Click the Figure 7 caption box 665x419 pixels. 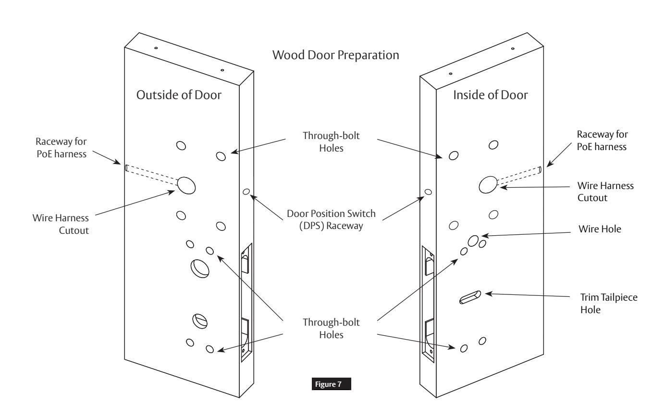tap(331, 384)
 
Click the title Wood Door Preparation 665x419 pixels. tap(335, 55)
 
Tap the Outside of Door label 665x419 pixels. tap(179, 95)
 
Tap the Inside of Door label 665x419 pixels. tap(491, 95)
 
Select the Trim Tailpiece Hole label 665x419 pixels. tap(609, 304)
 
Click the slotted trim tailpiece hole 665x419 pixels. tap(470, 297)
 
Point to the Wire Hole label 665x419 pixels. tap(600, 229)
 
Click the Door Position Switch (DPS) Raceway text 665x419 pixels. tap(331, 220)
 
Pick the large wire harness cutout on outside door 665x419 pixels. tap(186, 185)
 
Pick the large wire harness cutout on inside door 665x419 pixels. tap(488, 185)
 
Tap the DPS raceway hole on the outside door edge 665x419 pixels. tap(246, 191)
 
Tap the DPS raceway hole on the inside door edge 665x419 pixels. tap(428, 192)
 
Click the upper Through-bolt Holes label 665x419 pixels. tap(331, 142)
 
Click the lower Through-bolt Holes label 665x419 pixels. tap(331, 329)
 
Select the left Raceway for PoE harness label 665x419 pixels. tap(61, 148)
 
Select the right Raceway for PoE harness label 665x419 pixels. tap(602, 140)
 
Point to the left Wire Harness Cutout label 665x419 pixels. tap(61, 224)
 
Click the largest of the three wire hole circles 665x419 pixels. tap(473, 241)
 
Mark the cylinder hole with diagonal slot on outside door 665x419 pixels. tap(200, 321)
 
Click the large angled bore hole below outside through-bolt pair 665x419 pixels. tap(200, 268)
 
